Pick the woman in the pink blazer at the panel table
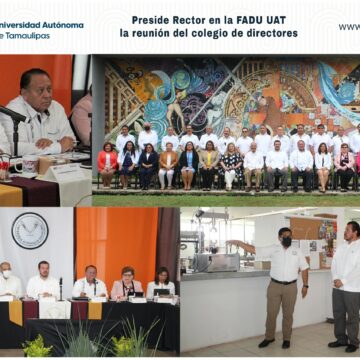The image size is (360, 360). [126, 285]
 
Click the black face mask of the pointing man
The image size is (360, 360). [285, 241]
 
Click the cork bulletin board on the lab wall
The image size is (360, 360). [307, 229]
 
